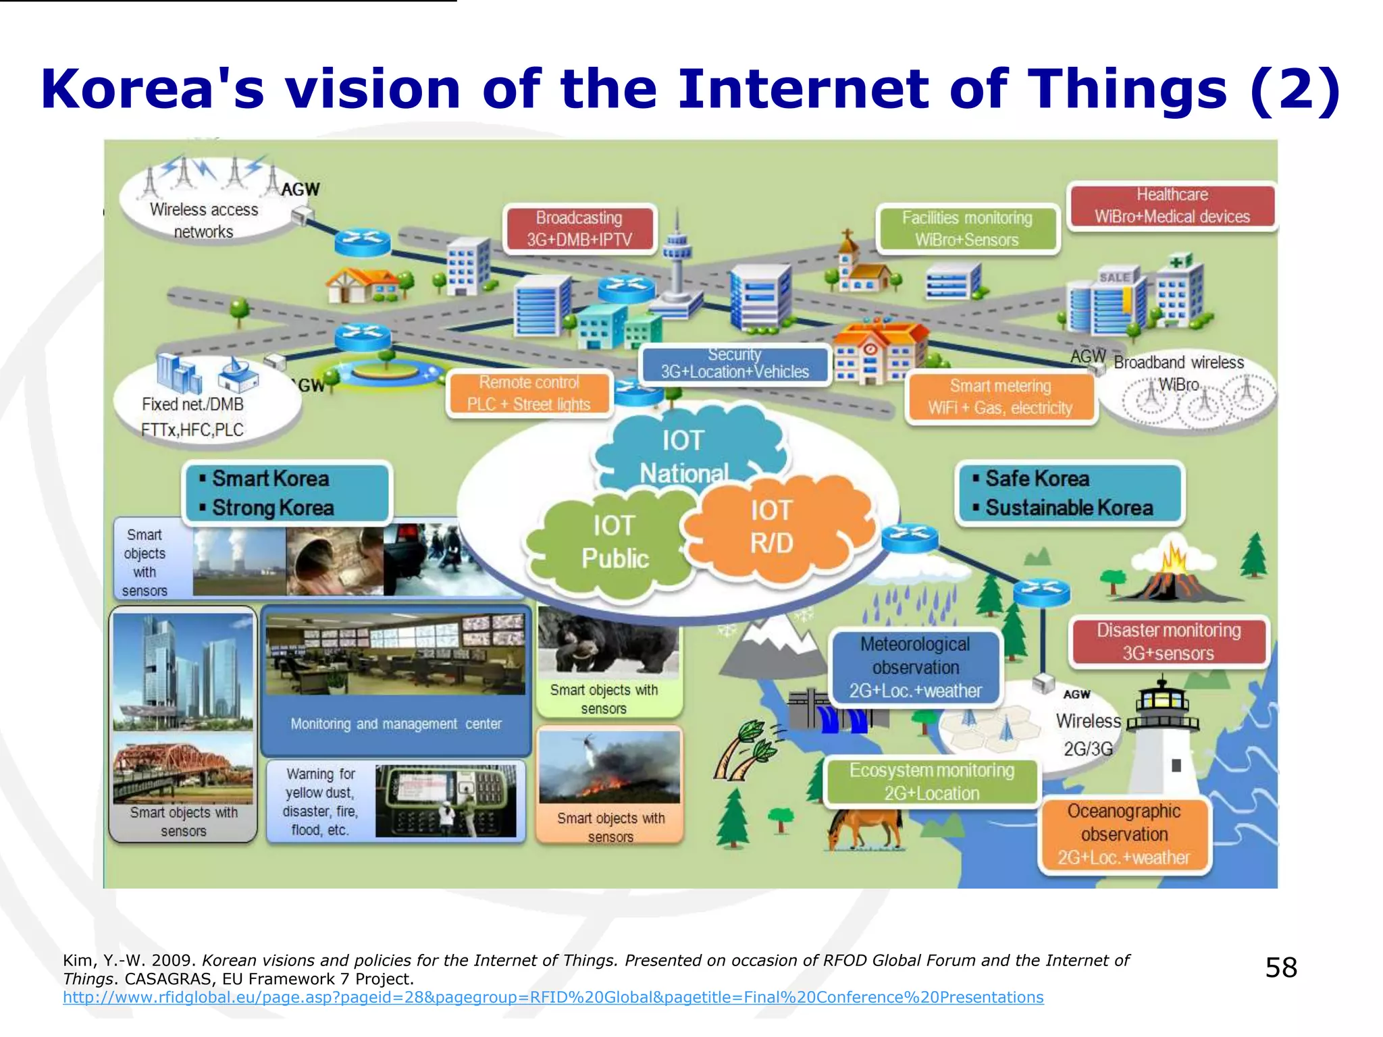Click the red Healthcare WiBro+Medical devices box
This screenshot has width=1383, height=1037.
(1172, 206)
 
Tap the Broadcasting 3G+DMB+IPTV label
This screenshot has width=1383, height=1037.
(579, 229)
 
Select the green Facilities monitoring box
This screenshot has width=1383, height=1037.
(967, 229)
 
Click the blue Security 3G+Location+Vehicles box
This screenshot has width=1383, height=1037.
(735, 363)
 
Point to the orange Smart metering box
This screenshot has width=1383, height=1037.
(1000, 397)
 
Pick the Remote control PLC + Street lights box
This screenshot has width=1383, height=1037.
(529, 394)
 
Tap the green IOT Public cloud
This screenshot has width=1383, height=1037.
(613, 543)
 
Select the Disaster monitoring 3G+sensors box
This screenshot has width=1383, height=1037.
(1168, 641)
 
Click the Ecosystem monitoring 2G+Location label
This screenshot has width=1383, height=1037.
(932, 782)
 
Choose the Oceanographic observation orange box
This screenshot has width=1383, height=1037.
(1124, 834)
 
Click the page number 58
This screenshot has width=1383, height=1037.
(1280, 967)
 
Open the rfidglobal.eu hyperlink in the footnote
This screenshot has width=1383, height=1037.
(552, 997)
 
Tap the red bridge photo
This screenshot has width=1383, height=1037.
(182, 770)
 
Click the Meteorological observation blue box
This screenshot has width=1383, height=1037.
(915, 667)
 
